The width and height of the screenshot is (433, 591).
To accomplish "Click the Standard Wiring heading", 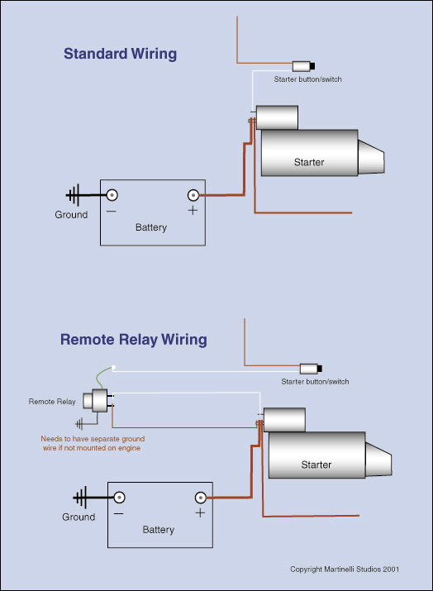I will (x=121, y=55).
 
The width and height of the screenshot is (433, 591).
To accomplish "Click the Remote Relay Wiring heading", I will (x=134, y=340).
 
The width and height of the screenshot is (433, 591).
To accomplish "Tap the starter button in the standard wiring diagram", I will (x=306, y=65).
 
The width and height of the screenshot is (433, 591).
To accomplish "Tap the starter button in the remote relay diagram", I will (x=311, y=368).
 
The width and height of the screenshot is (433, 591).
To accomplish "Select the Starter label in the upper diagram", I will (x=309, y=162).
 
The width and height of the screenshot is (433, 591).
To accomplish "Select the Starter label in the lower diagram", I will (x=316, y=465).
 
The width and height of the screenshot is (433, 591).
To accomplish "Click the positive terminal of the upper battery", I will (x=193, y=196).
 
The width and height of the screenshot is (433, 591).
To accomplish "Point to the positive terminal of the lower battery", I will (x=200, y=498).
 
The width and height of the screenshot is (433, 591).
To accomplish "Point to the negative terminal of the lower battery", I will (x=119, y=498).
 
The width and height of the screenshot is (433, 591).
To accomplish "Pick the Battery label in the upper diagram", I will (x=151, y=227).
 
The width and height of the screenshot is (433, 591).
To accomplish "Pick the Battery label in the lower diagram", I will (x=159, y=530).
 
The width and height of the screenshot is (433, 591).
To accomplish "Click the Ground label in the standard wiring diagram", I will (x=71, y=215).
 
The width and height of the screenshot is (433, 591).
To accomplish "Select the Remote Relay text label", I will (x=52, y=402).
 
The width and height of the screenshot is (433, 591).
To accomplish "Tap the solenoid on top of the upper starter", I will (x=277, y=117).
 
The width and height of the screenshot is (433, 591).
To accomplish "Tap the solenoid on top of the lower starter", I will (x=284, y=419).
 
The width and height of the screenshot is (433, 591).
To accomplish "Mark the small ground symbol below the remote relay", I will (x=79, y=422).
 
